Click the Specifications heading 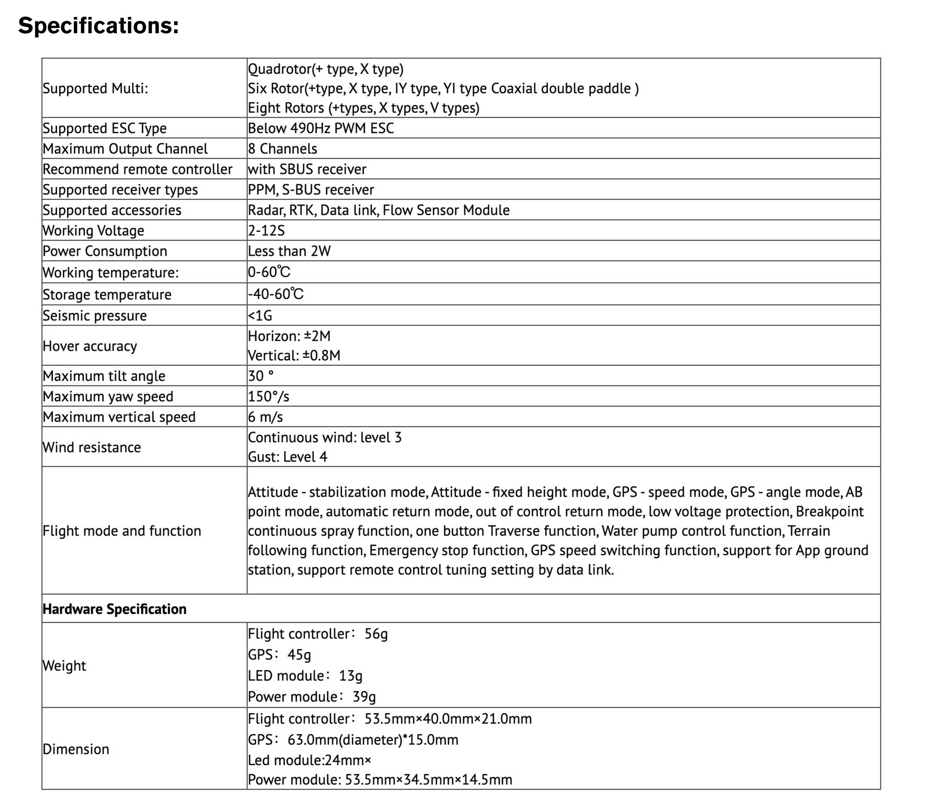[98, 26]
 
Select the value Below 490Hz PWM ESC [321, 128]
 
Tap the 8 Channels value [282, 148]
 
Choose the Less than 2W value [289, 251]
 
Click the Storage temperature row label [107, 294]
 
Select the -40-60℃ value [275, 294]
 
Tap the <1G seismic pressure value [260, 315]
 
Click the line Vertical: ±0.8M [294, 355]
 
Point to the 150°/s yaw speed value [268, 396]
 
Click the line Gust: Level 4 [287, 457]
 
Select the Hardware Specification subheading [114, 609]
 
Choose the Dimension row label [76, 749]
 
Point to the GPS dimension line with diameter [353, 739]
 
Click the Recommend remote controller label [137, 169]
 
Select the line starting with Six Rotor [443, 88]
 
